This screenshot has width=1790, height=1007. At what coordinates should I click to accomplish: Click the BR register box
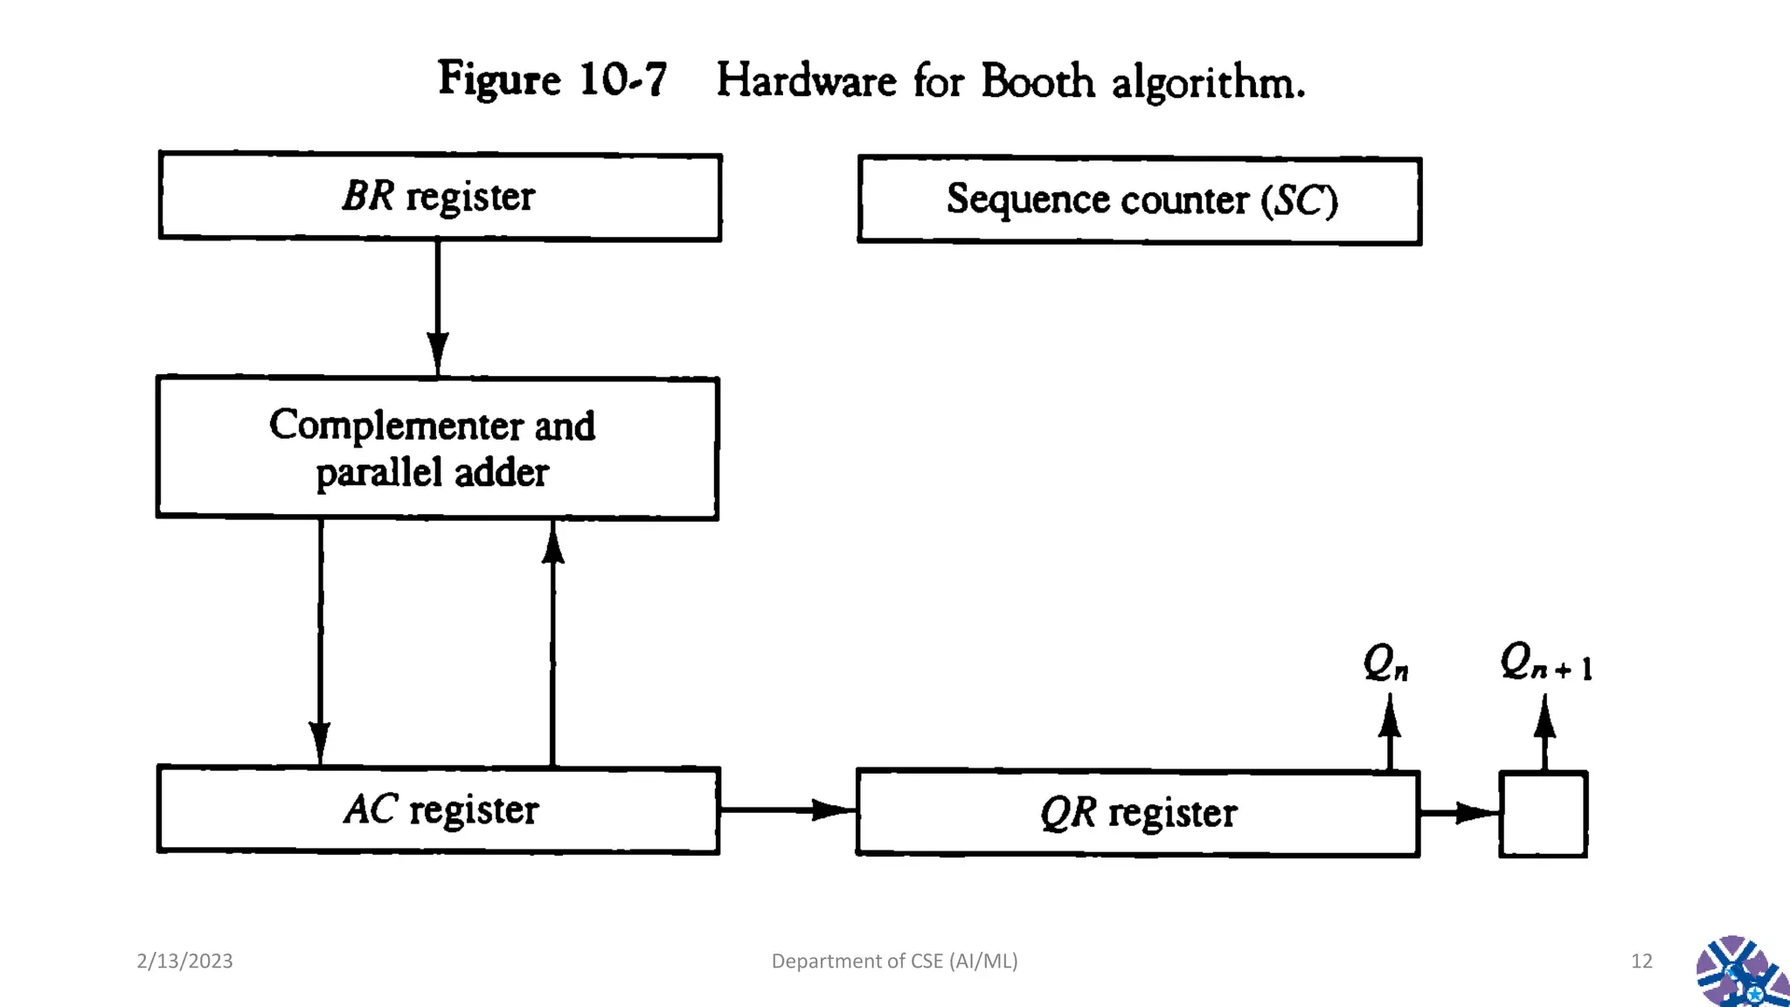click(440, 197)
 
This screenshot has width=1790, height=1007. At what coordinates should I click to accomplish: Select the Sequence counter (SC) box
click(1140, 201)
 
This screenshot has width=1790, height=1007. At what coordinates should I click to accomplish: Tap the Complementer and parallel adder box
click(437, 448)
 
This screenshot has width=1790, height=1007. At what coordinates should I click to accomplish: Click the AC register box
click(439, 810)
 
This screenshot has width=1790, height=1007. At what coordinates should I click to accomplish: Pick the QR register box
click(1138, 813)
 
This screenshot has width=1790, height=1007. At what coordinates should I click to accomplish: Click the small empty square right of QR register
click(1544, 814)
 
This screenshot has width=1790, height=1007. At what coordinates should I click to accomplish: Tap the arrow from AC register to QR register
click(787, 810)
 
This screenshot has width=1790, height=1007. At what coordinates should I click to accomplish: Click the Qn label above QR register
click(1386, 663)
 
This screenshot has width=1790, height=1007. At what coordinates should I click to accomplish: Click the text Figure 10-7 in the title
click(552, 80)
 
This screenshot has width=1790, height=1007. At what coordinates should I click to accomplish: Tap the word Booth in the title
click(1037, 82)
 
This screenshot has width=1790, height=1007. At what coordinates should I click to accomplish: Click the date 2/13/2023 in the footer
click(184, 961)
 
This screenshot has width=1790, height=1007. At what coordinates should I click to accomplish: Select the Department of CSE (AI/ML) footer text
click(894, 961)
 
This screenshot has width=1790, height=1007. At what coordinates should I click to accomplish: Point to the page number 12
click(1641, 961)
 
